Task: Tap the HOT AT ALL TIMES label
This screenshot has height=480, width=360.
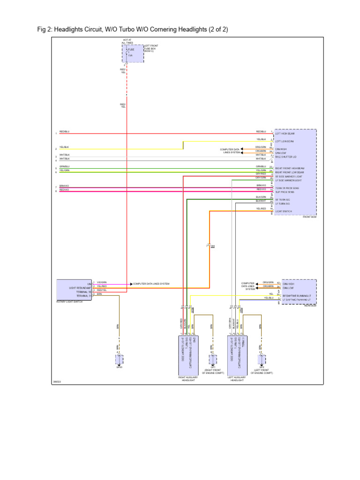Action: (x=127, y=42)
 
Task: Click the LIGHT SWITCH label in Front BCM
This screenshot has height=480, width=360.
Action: (x=284, y=211)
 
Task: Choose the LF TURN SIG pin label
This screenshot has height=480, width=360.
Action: (x=283, y=203)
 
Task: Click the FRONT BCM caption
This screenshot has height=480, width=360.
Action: (x=309, y=217)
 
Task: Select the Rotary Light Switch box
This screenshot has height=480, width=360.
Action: (x=74, y=290)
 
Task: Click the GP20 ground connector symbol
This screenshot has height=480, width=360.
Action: (x=119, y=360)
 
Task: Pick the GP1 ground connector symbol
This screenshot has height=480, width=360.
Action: (x=213, y=360)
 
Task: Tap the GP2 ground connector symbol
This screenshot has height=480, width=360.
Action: (x=262, y=360)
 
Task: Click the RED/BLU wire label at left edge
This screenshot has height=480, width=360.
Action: (x=64, y=132)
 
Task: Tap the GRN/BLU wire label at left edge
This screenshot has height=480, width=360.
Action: (x=64, y=166)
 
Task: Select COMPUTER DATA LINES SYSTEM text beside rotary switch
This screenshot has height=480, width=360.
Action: (x=151, y=284)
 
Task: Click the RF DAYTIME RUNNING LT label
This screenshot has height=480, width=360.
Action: (x=296, y=295)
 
